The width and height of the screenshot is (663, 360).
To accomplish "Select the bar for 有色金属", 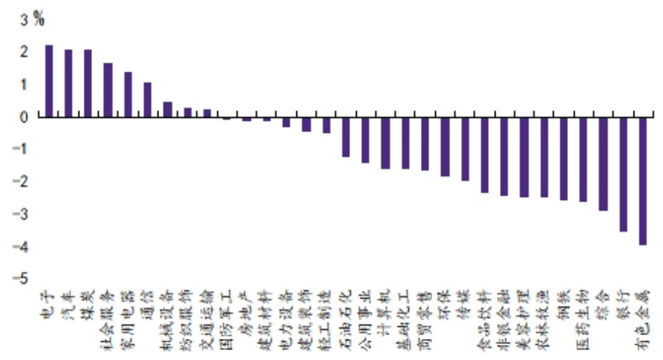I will (x=643, y=180).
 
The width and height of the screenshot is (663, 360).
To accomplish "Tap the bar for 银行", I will (x=623, y=174).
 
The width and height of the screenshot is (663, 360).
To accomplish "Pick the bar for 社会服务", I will (x=108, y=90).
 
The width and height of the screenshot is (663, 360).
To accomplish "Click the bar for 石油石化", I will (x=346, y=137).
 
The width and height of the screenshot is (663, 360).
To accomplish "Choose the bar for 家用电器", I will (x=128, y=94).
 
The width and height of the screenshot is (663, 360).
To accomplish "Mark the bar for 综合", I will (x=603, y=164).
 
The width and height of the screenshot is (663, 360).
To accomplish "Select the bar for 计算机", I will (x=385, y=143).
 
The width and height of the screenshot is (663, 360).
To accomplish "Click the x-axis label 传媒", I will (x=464, y=301).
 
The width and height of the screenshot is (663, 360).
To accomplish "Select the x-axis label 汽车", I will (x=69, y=302).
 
